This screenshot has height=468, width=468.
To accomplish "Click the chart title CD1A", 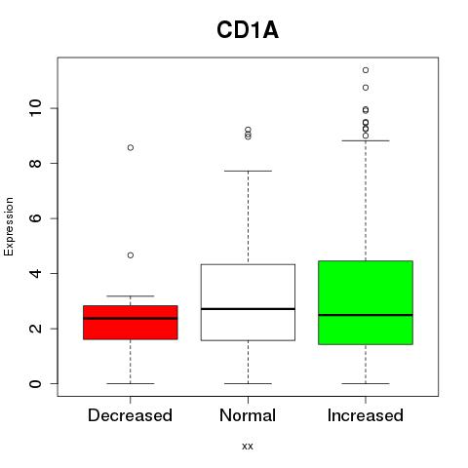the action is click(248, 30).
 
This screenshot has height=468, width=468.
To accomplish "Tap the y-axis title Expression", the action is click(9, 226).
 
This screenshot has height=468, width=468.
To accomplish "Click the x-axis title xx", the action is click(248, 446).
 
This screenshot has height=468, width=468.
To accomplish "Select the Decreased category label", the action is click(130, 415).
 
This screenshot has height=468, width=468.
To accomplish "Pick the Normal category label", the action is click(248, 415).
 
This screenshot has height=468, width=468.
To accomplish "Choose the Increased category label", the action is click(366, 415).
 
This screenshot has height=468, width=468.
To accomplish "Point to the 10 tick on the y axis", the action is click(36, 108).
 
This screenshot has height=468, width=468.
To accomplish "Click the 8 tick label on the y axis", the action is click(36, 163).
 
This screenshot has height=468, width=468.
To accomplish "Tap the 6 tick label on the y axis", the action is click(36, 218).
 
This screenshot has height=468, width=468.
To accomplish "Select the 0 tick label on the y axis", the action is click(36, 383).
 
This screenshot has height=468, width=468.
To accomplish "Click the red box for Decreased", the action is click(131, 323).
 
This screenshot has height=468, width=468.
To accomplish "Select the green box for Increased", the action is click(366, 302).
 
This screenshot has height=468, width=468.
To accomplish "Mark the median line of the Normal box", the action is click(248, 309).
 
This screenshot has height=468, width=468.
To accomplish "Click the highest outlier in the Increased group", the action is click(366, 70).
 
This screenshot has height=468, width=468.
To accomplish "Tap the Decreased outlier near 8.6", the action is click(131, 148).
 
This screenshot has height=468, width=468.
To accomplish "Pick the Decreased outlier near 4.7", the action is click(131, 255).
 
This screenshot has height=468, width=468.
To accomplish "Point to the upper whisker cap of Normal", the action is click(248, 171).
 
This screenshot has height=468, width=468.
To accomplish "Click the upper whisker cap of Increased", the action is click(366, 140).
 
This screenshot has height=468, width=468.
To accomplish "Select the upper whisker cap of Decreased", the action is click(131, 296).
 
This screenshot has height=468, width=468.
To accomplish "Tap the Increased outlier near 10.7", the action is click(366, 88).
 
